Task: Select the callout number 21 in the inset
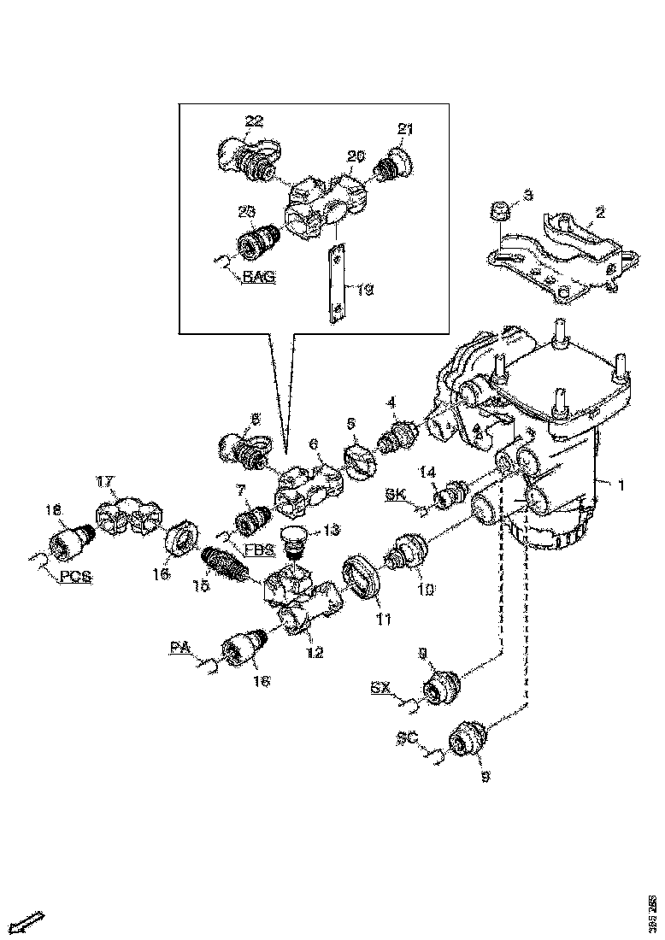pos(405,129)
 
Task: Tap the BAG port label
pos(258,277)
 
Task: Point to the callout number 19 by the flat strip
pos(365,291)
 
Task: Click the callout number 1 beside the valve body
pos(621,485)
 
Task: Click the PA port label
pos(179,649)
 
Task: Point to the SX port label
pos(381,687)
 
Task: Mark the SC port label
pos(407,736)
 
